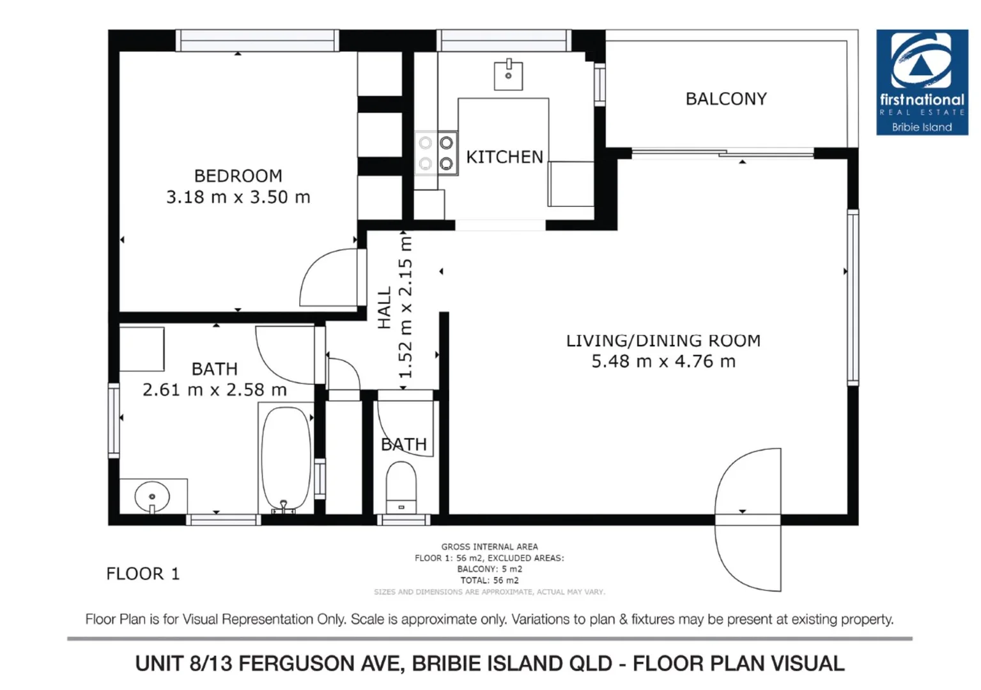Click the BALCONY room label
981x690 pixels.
pyautogui.click(x=726, y=99)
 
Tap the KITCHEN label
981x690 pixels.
pyautogui.click(x=504, y=157)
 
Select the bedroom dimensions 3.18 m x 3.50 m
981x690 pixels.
pyautogui.click(x=238, y=197)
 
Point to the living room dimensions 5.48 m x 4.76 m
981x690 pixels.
pyautogui.click(x=663, y=361)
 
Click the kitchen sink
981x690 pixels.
pyautogui.click(x=508, y=75)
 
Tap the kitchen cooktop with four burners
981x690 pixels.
pyautogui.click(x=436, y=153)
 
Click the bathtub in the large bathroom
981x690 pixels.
pyautogui.click(x=286, y=458)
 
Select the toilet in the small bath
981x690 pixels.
pyautogui.click(x=401, y=487)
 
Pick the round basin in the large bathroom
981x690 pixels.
pyautogui.click(x=152, y=496)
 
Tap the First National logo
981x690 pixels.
pyautogui.click(x=922, y=82)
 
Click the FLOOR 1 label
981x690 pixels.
pyautogui.click(x=143, y=574)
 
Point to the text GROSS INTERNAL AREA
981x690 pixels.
pyautogui.click(x=489, y=546)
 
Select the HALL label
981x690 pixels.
pyautogui.click(x=384, y=308)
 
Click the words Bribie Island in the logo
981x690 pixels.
pyautogui.click(x=922, y=127)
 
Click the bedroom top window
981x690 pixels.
pyautogui.click(x=258, y=40)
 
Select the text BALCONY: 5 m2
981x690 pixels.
pyautogui.click(x=489, y=569)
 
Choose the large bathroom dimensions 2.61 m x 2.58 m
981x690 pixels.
pyautogui.click(x=215, y=390)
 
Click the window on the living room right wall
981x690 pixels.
pyautogui.click(x=853, y=298)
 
